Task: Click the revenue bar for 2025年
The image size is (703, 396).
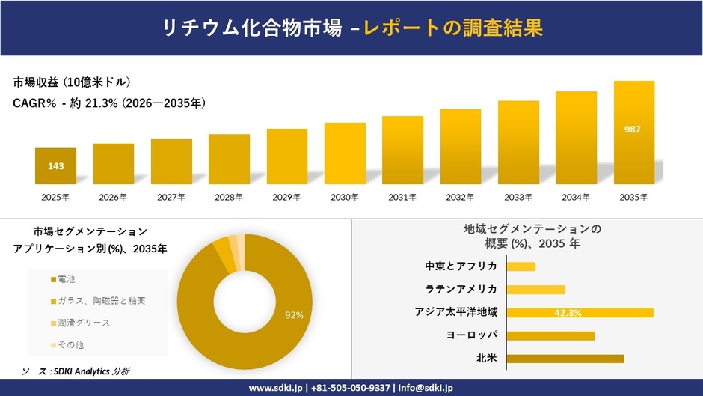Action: tap(55, 166)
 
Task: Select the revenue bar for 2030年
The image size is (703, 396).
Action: tap(345, 153)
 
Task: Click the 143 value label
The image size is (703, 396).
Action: tap(55, 166)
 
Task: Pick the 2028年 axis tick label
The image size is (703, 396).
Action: tap(229, 198)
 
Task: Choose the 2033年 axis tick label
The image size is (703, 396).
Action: tap(518, 198)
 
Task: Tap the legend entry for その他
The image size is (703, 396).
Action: tap(67, 344)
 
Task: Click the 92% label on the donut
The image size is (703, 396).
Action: tap(294, 315)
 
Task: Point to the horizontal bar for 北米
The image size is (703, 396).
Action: tap(565, 359)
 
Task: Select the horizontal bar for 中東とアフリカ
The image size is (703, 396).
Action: tap(521, 266)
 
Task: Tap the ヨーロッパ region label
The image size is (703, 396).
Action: tap(471, 335)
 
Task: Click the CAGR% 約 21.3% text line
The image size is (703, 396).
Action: tap(109, 103)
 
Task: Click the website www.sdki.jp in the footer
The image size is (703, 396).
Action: tap(276, 388)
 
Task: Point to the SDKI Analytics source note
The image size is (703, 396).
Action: tap(76, 371)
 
